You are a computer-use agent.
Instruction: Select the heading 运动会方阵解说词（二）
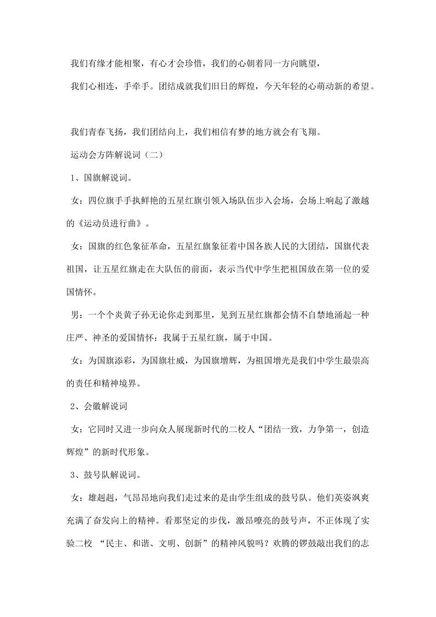(116, 155)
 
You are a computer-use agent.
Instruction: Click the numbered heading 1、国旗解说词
(101, 178)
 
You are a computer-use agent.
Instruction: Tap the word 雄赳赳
(103, 498)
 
